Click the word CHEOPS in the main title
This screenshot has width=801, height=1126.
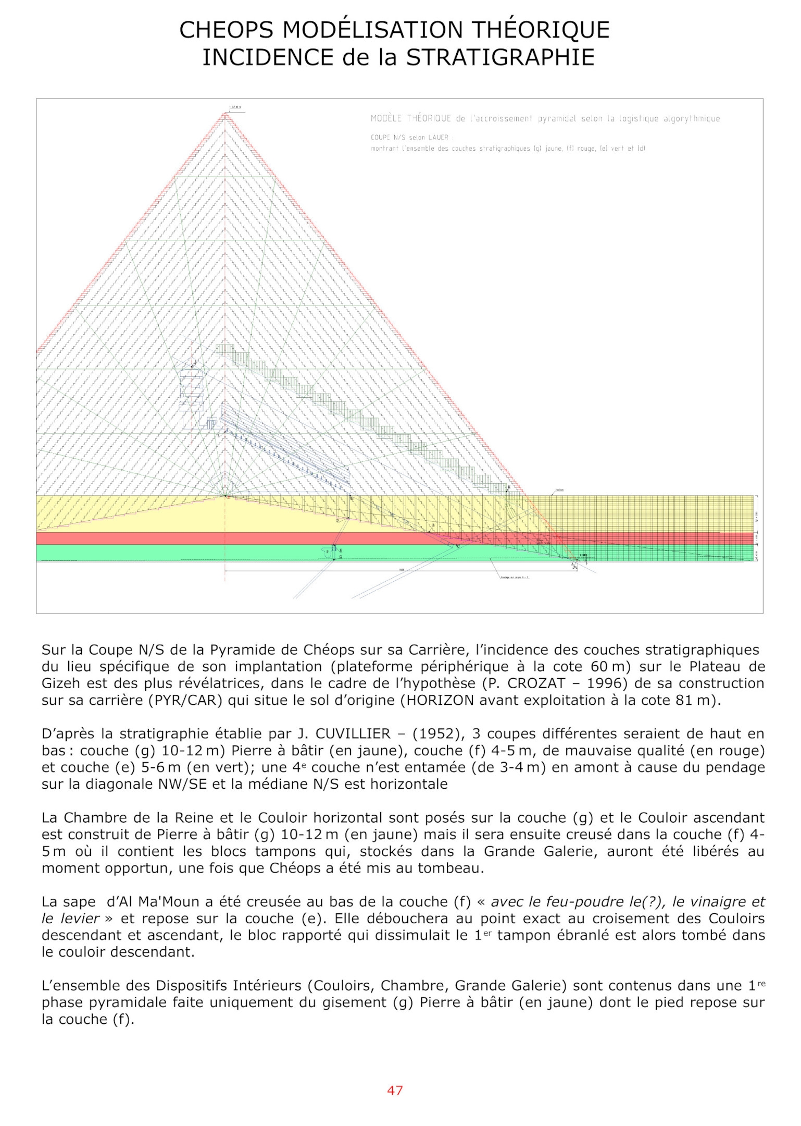(x=226, y=30)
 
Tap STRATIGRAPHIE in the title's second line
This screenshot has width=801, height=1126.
(x=500, y=57)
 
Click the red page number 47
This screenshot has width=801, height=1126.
(x=395, y=1090)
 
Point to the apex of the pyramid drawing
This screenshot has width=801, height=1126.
(x=225, y=114)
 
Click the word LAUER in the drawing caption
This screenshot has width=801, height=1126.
(x=439, y=138)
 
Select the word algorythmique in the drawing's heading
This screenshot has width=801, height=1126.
(x=691, y=119)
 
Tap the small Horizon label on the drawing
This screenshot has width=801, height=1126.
(x=559, y=490)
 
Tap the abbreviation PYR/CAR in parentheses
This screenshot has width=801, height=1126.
(x=185, y=700)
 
